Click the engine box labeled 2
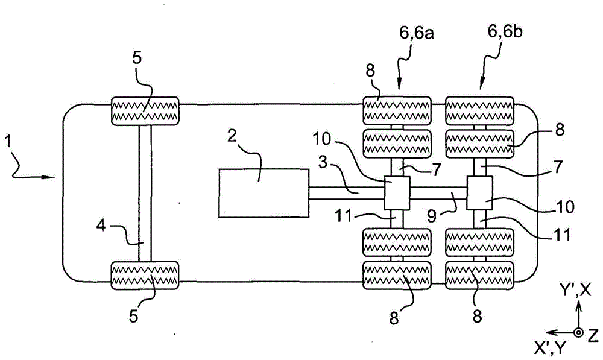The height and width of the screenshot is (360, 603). [x=264, y=193]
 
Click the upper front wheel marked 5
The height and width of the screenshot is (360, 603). [x=145, y=110]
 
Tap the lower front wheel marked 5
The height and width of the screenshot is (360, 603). [x=145, y=275]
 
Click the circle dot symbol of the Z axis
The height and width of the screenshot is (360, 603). [x=578, y=332]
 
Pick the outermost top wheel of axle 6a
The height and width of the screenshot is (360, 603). [x=396, y=110]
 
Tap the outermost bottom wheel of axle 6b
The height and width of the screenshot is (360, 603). [x=479, y=275]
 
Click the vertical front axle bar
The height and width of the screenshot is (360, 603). [x=145, y=193]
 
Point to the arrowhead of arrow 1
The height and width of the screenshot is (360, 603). [x=52, y=177]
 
